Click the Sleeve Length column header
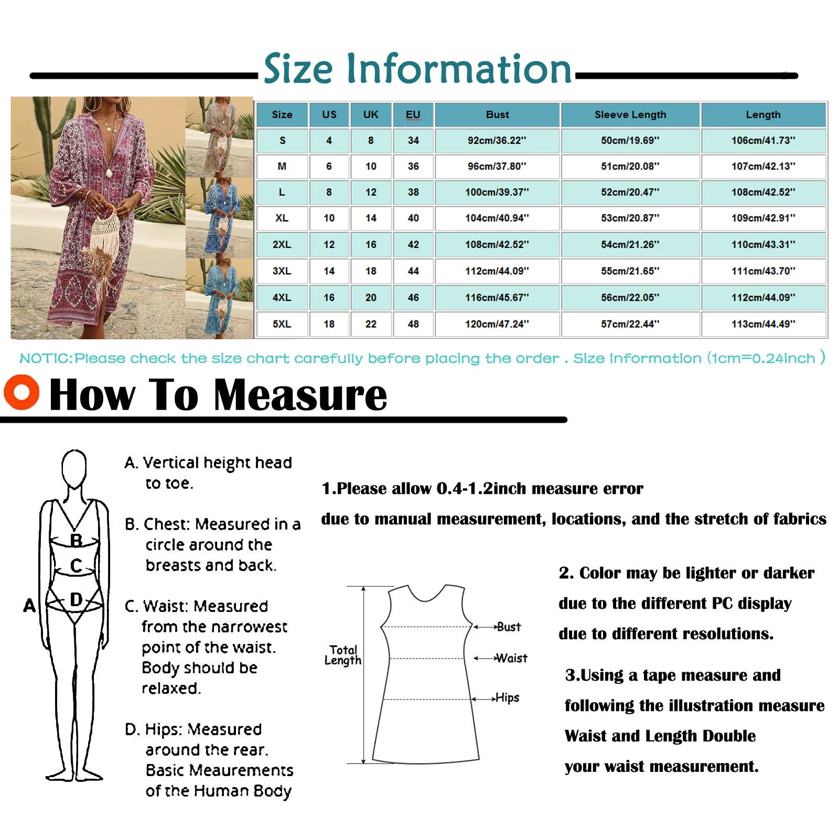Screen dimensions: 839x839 [x=630, y=115]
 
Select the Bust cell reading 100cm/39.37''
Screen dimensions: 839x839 [x=497, y=192]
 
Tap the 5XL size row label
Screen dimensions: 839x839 [x=282, y=324]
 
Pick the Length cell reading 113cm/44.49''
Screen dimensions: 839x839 [x=763, y=324]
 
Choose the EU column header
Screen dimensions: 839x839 [x=413, y=115]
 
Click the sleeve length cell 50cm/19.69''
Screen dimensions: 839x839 [x=630, y=141]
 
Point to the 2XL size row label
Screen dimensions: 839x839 [x=282, y=244]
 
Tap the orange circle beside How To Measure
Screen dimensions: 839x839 [x=21, y=392]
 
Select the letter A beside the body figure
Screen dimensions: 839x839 [x=29, y=605]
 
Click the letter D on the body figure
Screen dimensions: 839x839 [x=77, y=599]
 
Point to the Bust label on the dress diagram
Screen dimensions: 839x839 [x=509, y=627]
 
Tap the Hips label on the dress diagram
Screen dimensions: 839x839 [x=507, y=698]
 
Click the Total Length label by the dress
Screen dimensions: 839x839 [x=343, y=655]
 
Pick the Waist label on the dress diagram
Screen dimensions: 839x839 [x=511, y=658]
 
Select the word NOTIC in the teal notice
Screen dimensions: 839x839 [x=46, y=359]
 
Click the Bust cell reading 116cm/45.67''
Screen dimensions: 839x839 [x=497, y=297]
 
